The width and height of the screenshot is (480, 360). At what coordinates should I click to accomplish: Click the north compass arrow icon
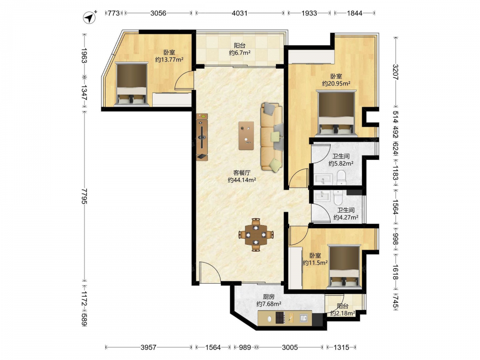pos(89,18)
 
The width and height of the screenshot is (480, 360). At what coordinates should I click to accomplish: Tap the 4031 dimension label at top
pos(240,13)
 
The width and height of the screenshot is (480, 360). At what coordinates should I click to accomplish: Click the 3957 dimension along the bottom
pos(148,348)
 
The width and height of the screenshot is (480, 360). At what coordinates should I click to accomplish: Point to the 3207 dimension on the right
pos(395,72)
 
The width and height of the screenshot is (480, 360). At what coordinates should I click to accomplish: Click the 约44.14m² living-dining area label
pos(242,180)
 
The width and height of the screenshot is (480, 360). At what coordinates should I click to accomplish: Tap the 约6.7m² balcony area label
pos(240,53)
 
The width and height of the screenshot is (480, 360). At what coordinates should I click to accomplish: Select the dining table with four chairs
pos(256,235)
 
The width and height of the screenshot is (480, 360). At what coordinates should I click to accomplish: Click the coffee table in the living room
pos(246,136)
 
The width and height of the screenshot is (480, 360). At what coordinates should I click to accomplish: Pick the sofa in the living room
pos(272,136)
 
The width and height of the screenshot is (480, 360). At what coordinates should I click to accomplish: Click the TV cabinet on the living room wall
pos(202,137)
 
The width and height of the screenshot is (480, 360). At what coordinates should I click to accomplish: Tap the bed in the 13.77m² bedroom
pos(132,84)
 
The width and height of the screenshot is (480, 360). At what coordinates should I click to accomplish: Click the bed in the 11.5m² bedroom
pos(344,266)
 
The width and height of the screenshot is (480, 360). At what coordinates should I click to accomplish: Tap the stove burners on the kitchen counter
pos(280,317)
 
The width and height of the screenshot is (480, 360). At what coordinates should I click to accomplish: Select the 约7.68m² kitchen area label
pos(269,304)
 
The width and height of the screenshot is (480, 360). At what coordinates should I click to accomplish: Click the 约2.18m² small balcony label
pos(343,313)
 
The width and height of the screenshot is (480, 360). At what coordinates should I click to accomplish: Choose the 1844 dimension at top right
pos(355,13)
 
